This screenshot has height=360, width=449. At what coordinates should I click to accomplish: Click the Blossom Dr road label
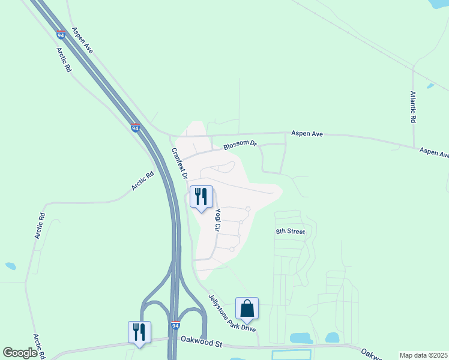click(240, 145)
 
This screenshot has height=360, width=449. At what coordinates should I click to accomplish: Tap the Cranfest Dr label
click(179, 164)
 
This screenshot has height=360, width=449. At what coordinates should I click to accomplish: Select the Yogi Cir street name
click(220, 220)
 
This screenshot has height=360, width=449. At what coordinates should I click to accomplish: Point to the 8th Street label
click(291, 232)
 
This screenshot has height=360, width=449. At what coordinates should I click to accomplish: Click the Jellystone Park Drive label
click(232, 312)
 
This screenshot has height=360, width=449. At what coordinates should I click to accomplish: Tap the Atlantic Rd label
click(413, 107)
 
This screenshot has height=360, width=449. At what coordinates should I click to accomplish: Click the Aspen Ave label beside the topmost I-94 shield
click(82, 41)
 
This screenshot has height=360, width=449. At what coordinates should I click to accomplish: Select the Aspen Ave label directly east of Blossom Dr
click(307, 133)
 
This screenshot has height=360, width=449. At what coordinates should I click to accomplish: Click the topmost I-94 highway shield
click(61, 35)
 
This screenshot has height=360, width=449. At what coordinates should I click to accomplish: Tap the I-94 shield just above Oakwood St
click(175, 325)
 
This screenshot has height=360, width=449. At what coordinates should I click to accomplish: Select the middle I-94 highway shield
click(135, 128)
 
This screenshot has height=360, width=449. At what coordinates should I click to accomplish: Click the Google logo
click(20, 353)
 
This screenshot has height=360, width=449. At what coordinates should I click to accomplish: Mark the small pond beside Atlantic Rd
click(430, 86)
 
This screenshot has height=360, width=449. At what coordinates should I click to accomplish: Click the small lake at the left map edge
click(10, 266)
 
